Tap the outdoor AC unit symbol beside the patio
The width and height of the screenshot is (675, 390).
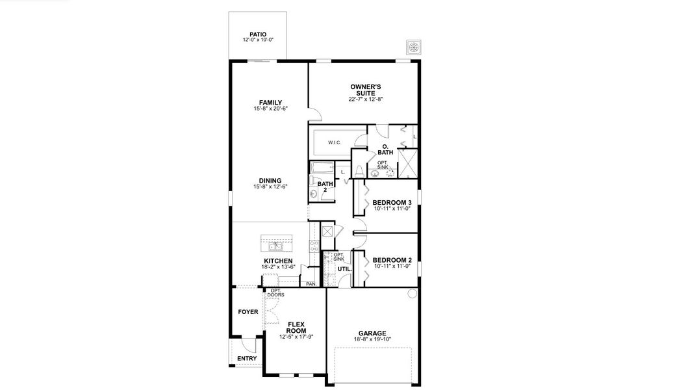click(x=413, y=47)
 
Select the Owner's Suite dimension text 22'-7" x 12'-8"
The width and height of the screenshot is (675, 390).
click(x=366, y=99)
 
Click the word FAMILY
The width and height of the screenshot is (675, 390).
click(x=270, y=103)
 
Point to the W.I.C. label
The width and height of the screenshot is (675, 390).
click(x=335, y=142)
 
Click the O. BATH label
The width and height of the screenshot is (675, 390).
click(x=385, y=149)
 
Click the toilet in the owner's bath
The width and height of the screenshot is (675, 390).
click(x=359, y=172)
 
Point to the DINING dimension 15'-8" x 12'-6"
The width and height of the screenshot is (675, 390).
click(x=270, y=187)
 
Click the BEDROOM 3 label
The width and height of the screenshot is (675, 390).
click(x=392, y=203)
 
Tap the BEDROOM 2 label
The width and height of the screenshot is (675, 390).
click(x=392, y=260)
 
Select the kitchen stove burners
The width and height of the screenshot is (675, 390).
click(x=314, y=246)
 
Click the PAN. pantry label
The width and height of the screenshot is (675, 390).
click(x=311, y=284)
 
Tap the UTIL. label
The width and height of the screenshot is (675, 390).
click(x=344, y=268)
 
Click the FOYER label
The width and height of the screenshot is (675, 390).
click(x=248, y=312)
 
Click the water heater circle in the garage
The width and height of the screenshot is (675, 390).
click(x=411, y=294)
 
